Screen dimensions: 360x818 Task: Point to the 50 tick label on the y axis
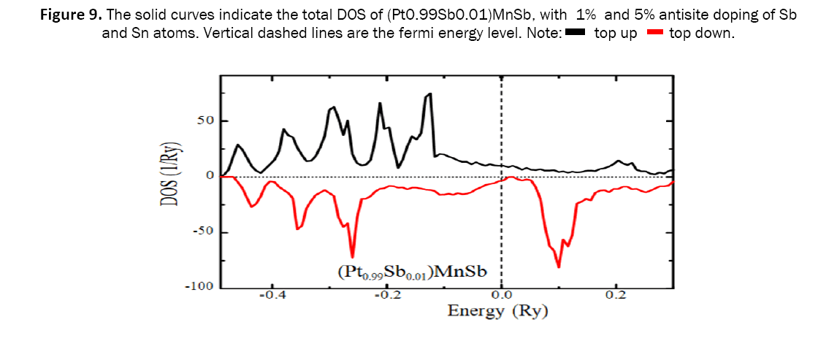204,120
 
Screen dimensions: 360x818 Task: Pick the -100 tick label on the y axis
198,286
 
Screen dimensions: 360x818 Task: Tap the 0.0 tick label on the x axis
501,296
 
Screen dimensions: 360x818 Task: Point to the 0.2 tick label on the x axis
616,296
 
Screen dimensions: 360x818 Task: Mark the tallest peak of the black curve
431,93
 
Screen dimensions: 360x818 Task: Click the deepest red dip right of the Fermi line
559,267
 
